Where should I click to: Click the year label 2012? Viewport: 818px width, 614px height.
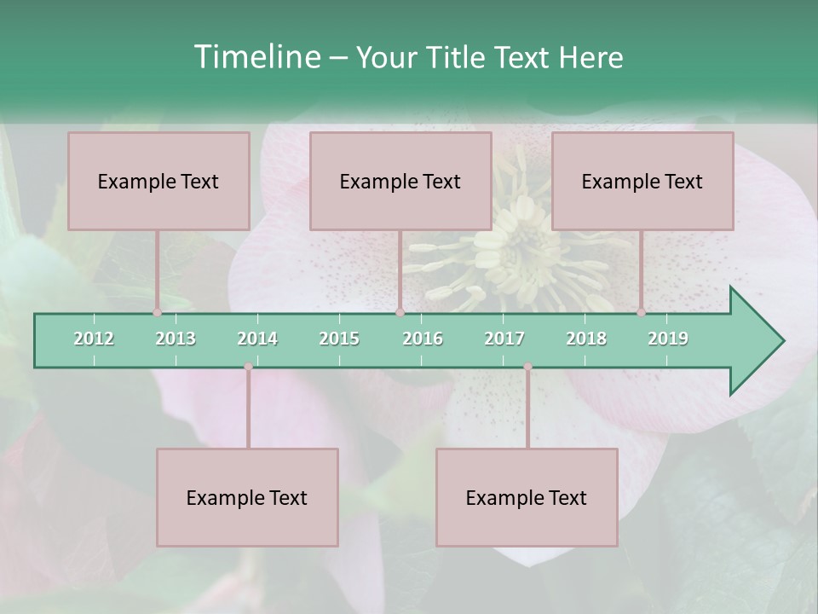point(94,339)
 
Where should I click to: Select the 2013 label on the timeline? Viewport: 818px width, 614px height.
point(176,339)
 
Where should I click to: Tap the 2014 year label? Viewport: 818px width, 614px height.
point(257,339)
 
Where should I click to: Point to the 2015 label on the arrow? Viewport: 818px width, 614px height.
point(339,339)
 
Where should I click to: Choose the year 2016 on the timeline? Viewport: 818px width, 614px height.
point(423,339)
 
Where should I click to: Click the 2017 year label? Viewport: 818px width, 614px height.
point(504,339)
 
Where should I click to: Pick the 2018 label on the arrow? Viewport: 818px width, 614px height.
point(586,339)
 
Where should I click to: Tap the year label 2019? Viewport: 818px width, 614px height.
point(668,339)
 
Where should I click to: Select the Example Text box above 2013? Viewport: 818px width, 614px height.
point(158,181)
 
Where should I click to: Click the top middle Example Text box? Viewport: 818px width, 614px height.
point(400,181)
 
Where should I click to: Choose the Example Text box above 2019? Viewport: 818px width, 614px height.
point(642,181)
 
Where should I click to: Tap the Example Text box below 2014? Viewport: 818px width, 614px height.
point(247,497)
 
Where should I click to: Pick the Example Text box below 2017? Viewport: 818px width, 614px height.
point(527,497)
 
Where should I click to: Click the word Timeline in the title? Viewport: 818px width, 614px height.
point(256,57)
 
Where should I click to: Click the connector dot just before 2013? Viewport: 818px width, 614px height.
point(158,312)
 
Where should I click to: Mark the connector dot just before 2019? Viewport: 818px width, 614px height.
point(642,312)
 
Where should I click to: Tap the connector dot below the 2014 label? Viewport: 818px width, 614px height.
point(248,367)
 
